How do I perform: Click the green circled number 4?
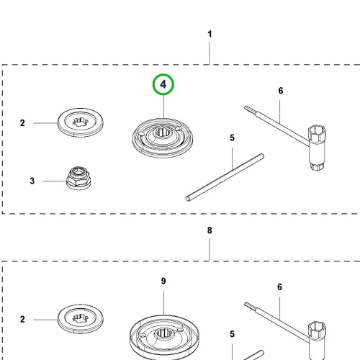(x=163, y=84)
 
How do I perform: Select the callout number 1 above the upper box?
(x=210, y=34)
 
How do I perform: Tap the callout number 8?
(x=210, y=230)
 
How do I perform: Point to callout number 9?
(x=163, y=281)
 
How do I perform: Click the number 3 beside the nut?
(x=32, y=181)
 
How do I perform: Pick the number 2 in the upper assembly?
(x=22, y=123)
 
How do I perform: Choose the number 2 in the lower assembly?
(x=22, y=319)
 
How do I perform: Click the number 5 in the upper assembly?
(x=232, y=138)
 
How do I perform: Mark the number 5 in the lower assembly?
(x=232, y=334)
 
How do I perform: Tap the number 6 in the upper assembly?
(x=281, y=91)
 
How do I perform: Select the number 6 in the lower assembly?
(x=280, y=287)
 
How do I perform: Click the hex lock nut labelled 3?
(x=78, y=178)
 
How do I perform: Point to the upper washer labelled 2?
(x=81, y=122)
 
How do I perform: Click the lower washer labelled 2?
(x=81, y=319)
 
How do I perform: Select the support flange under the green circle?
(x=163, y=138)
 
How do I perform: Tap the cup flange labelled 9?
(x=164, y=337)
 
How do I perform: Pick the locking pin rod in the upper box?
(x=225, y=178)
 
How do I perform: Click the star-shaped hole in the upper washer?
(x=81, y=122)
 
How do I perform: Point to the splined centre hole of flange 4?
(x=162, y=132)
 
